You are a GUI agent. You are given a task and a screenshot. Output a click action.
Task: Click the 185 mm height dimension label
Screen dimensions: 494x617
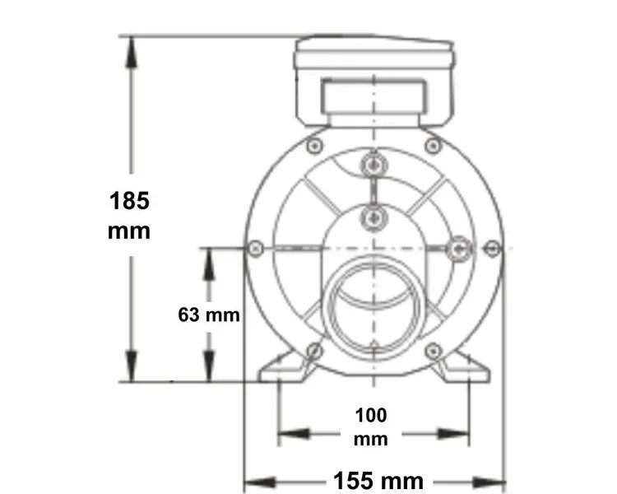129,215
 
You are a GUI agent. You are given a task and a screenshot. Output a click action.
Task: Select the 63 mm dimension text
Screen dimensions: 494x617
209,315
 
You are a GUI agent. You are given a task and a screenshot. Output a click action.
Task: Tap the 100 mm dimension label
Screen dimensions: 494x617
370,426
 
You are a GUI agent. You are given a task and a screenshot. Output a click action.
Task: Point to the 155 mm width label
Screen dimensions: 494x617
378,480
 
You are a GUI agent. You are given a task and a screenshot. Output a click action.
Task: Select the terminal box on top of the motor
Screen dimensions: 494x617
374,82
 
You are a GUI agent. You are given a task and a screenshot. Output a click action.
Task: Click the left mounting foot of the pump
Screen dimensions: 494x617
284,368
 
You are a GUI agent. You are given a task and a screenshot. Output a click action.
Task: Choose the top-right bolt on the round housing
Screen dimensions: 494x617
433,146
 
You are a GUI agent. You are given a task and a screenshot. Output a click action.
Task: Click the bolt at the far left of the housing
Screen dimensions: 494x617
255,247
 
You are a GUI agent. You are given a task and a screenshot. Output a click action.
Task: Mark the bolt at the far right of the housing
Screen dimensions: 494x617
493,247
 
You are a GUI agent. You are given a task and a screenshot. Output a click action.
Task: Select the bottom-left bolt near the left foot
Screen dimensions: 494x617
313,352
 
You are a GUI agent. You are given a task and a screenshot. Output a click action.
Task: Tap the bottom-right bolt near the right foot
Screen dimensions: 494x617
434,352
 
